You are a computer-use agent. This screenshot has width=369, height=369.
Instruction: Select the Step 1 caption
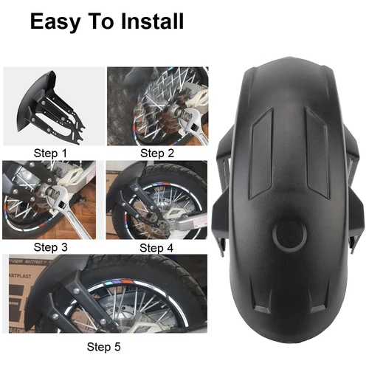click(50, 153)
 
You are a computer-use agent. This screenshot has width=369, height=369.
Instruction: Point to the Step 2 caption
click(156, 153)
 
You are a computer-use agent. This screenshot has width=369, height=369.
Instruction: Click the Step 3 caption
click(50, 247)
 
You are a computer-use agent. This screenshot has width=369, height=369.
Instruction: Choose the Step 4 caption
click(156, 247)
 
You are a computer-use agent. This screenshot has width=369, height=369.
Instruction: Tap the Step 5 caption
click(105, 345)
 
